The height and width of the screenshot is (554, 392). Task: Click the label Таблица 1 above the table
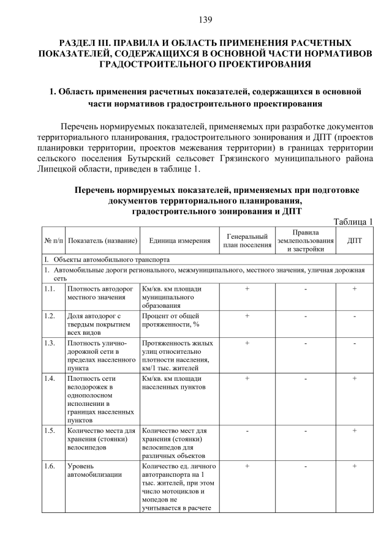tap(353, 222)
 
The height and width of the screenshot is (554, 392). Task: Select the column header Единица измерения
tap(179, 241)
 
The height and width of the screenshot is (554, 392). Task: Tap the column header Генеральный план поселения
tap(247, 241)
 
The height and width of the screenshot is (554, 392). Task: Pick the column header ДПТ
tap(354, 241)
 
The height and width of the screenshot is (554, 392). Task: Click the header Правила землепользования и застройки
tap(304, 241)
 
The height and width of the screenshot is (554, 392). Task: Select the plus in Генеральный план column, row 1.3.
tap(247, 343)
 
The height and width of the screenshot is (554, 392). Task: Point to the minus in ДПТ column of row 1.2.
tap(354, 316)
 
